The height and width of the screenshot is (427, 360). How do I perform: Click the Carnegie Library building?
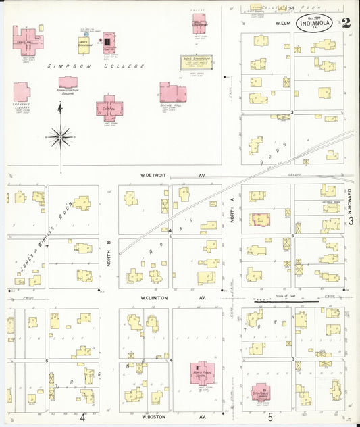click(21, 92)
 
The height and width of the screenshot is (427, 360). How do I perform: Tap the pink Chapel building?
click(109, 107)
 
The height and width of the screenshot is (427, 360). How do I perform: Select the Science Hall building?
click(172, 93)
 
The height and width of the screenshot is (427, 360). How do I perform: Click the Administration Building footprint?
click(68, 82)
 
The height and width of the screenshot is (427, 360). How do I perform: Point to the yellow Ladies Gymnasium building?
click(84, 45)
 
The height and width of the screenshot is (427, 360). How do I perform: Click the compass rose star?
click(61, 136)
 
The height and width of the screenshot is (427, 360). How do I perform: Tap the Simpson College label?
click(96, 66)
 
